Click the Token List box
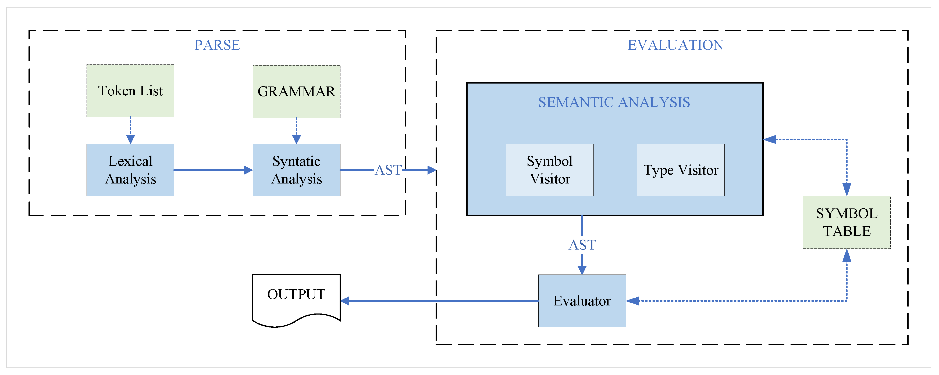pyautogui.click(x=130, y=91)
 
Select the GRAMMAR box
pyautogui.click(x=296, y=91)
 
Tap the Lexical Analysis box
pyautogui.click(x=130, y=170)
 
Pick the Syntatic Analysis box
pyautogui.click(x=296, y=170)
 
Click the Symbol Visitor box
pyautogui.click(x=550, y=170)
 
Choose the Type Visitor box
pyautogui.click(x=681, y=170)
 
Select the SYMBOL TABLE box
pyautogui.click(x=846, y=222)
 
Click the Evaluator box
pyautogui.click(x=582, y=301)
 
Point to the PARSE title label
pyautogui.click(x=217, y=45)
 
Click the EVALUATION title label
pyautogui.click(x=675, y=45)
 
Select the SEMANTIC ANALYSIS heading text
pyautogui.click(x=614, y=102)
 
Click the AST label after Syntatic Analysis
pyautogui.click(x=388, y=170)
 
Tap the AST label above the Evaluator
pyautogui.click(x=582, y=245)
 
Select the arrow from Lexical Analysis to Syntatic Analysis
pyautogui.click(x=213, y=170)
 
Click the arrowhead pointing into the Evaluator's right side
pyautogui.click(x=633, y=301)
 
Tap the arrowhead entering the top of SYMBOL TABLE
pyautogui.click(x=847, y=189)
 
